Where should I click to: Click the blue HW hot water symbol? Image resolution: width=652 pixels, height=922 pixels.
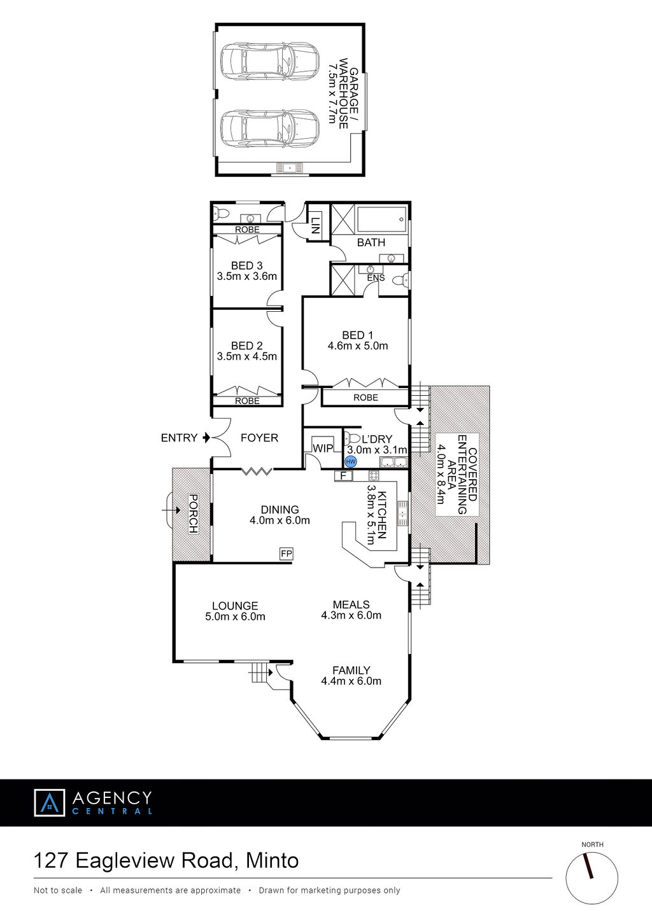[x=350, y=462]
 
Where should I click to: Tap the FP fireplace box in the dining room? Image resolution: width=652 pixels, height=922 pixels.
[x=287, y=554]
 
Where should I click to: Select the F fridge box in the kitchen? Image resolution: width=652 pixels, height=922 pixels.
[x=343, y=476]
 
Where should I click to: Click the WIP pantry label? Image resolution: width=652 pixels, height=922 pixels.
[x=323, y=448]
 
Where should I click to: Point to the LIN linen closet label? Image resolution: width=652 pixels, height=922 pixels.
[x=315, y=226]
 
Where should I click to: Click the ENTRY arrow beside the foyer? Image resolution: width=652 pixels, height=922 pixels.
[x=206, y=438]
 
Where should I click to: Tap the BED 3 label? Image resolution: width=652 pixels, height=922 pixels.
[x=246, y=265]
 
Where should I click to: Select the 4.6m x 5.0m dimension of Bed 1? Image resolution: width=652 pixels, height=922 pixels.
[x=357, y=346]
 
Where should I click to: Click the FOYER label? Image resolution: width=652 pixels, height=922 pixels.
[x=260, y=438]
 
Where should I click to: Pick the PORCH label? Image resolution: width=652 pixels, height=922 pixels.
[x=193, y=513]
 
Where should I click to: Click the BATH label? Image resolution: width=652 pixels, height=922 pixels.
[x=371, y=242]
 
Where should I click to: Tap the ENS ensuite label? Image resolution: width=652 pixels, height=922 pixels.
[x=376, y=278]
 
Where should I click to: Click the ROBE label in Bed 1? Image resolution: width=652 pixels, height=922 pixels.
[x=365, y=397]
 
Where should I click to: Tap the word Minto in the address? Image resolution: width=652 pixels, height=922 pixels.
[x=273, y=860]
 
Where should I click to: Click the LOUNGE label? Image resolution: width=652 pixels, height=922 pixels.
[x=235, y=606]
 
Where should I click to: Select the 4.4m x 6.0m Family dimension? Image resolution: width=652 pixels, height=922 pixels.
[x=351, y=681]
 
